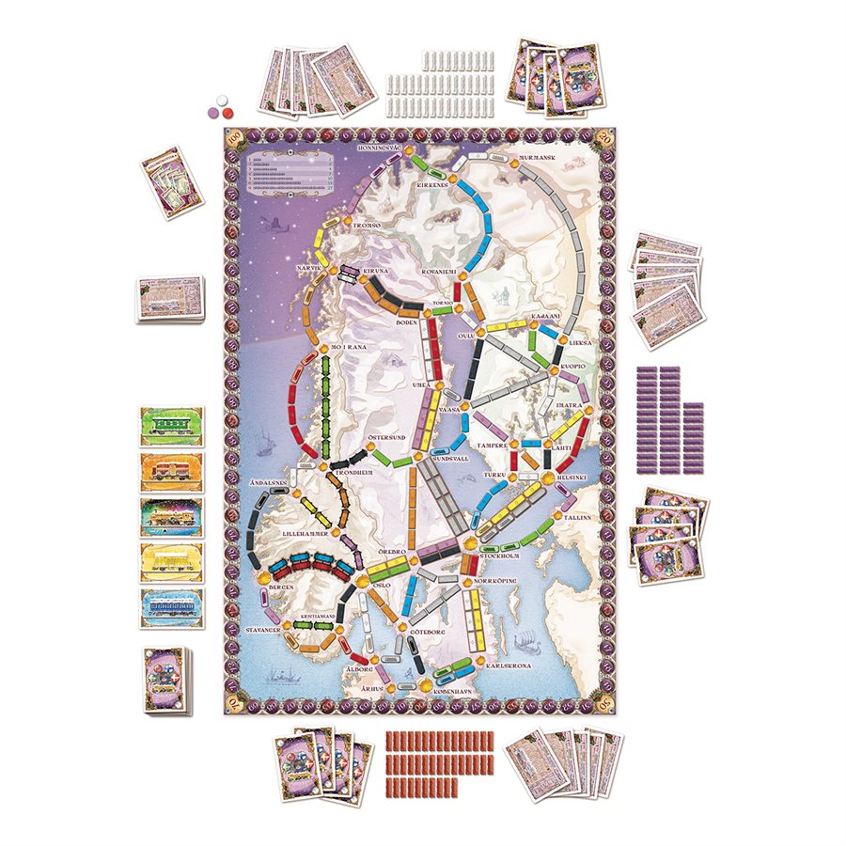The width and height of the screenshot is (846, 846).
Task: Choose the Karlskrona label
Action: coord(514,665)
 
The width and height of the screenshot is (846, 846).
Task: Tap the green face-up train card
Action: coord(171,425)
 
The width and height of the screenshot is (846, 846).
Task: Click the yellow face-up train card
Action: coord(171,561)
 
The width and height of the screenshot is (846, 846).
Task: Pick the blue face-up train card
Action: coord(171,606)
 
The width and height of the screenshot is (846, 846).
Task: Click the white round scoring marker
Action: coord(223,99)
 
